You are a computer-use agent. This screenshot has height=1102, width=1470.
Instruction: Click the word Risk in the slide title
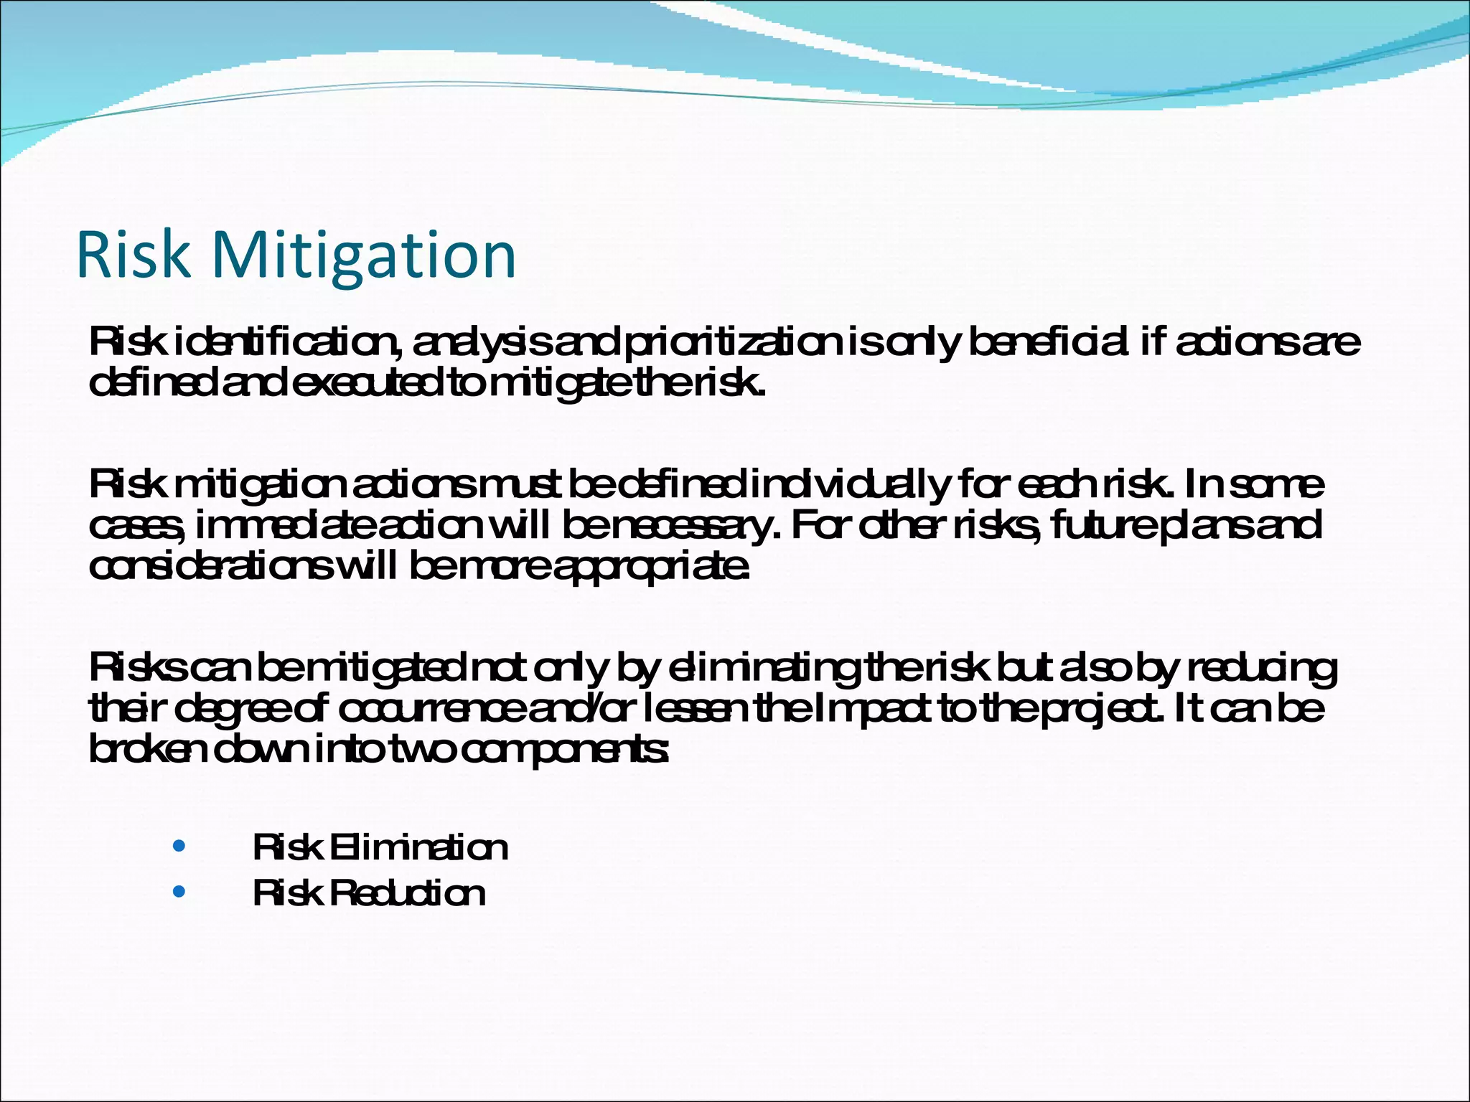coord(134,255)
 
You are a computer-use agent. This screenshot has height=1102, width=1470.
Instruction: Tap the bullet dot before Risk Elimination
coord(179,846)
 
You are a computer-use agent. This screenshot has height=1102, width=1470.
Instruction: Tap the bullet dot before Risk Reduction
coord(179,892)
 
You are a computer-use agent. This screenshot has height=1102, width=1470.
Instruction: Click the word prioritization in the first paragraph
coord(732,343)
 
